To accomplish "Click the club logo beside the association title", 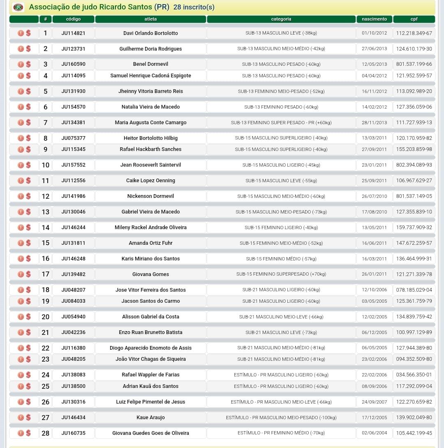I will [x=18, y=7].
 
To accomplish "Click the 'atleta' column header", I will [x=150, y=19].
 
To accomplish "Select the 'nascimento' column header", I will [x=374, y=19].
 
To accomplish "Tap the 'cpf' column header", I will [x=414, y=19].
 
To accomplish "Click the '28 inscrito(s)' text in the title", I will [x=194, y=7].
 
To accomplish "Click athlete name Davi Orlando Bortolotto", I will [x=150, y=33].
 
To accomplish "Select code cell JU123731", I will [x=73, y=49].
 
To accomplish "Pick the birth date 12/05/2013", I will [x=374, y=64].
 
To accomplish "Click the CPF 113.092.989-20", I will [x=414, y=91].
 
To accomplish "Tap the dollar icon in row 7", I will [x=28, y=123].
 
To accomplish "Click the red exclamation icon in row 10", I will [x=21, y=165].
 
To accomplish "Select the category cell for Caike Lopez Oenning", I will [x=281, y=181].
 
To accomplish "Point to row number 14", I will [x=45, y=227].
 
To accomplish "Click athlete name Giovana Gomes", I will [x=150, y=274].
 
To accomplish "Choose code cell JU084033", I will [x=73, y=301].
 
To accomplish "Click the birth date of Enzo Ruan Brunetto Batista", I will [x=374, y=332].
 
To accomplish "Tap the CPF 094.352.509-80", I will [x=414, y=359].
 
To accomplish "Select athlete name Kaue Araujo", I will [x=150, y=418].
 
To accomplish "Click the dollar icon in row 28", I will [x=28, y=433].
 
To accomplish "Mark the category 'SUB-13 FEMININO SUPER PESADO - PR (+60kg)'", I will [x=281, y=123].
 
